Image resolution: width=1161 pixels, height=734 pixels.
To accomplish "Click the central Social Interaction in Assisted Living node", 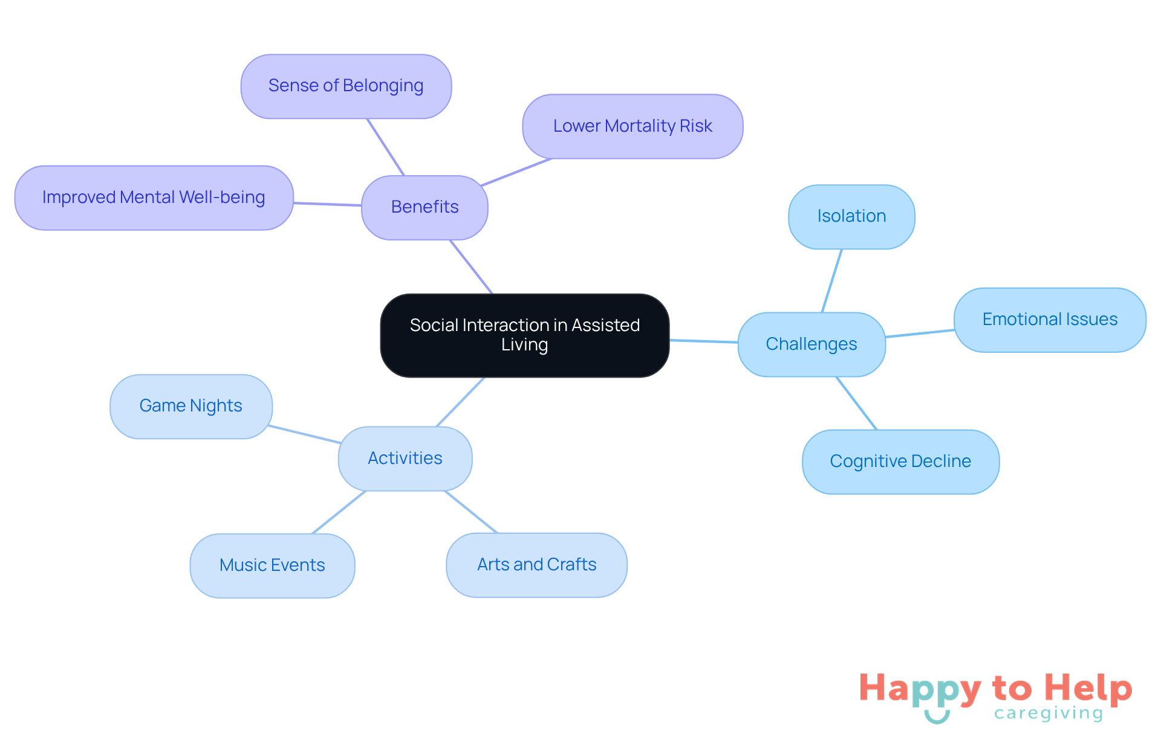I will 524,335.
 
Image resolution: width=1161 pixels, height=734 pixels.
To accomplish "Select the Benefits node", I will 424,207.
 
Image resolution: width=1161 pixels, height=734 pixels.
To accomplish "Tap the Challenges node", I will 811,344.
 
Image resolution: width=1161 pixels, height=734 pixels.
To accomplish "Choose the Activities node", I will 405,459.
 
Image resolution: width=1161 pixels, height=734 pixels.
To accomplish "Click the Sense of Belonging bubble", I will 346,86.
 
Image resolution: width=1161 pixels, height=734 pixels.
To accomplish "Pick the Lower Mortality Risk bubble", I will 633,126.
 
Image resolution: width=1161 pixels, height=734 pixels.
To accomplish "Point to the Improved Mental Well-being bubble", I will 154,198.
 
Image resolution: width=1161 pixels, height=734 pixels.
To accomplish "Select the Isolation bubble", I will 851,217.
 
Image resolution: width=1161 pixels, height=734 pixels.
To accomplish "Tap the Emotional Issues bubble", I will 1050,320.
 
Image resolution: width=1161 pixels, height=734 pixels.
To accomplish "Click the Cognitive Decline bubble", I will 900,462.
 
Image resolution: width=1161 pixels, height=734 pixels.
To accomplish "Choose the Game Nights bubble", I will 191,406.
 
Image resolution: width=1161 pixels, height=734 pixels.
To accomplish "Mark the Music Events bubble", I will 272,565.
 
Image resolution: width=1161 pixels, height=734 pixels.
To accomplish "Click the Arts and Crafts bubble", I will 536,565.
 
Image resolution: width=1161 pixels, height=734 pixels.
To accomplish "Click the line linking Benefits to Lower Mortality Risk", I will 516,172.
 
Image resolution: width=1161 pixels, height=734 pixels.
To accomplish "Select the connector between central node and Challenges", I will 704,341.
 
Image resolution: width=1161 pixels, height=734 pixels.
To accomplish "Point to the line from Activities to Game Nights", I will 304,434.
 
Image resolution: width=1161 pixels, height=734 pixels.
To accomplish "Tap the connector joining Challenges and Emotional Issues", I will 920,333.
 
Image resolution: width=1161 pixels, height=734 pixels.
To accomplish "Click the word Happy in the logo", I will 920,689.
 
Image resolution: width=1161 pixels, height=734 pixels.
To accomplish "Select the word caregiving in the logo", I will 1049,713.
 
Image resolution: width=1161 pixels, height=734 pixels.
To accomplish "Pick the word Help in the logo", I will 1088,688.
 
